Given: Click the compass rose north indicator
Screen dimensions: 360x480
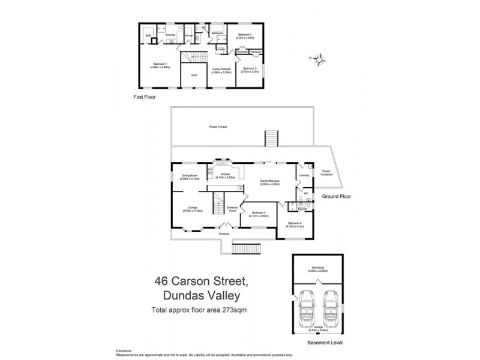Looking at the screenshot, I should [320, 58].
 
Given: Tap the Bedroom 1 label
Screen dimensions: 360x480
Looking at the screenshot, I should [161, 65].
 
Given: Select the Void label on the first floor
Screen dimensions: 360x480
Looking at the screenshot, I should [194, 75].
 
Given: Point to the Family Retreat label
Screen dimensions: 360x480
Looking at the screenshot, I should [221, 70].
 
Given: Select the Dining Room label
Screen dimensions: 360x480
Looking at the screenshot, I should [190, 177].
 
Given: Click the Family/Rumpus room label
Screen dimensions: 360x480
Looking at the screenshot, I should [269, 182].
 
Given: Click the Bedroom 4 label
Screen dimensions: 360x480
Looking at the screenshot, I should [296, 226].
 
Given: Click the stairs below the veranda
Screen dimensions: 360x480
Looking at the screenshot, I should [245, 248].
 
